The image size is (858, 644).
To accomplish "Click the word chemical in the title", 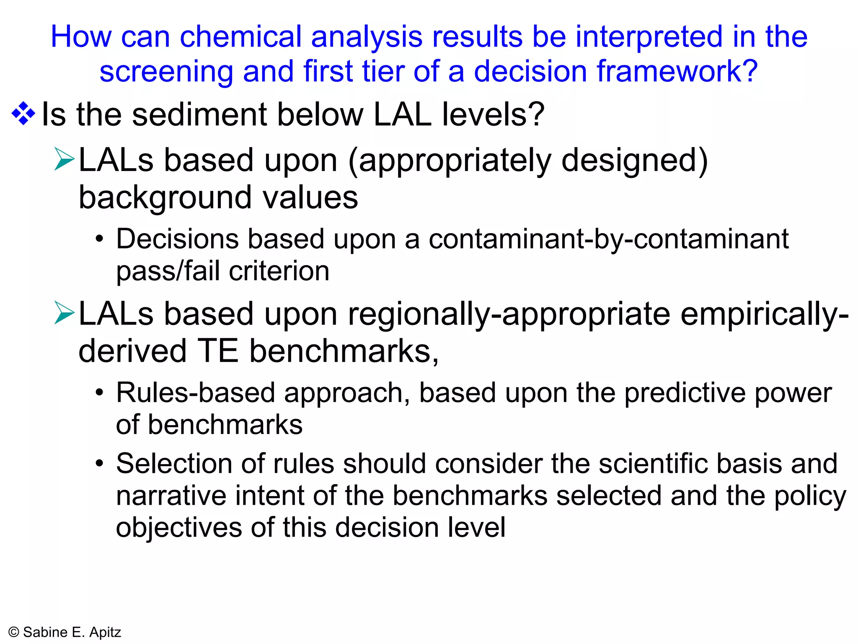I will [x=240, y=37].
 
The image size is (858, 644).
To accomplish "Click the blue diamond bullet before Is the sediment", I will [x=23, y=114].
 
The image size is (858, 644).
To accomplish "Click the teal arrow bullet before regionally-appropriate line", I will [x=64, y=313].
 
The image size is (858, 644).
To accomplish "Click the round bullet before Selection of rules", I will [x=99, y=464].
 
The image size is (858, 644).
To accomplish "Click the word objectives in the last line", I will [x=178, y=528].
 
